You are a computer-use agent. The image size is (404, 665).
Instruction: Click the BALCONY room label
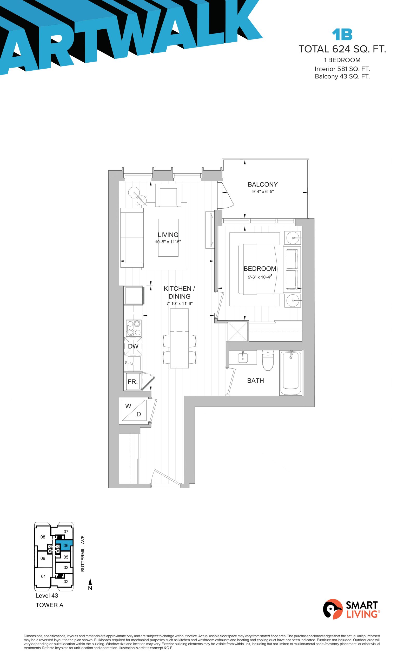tap(262, 184)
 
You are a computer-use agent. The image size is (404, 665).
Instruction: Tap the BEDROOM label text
tap(260, 269)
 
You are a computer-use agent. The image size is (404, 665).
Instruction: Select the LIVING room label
tap(168, 235)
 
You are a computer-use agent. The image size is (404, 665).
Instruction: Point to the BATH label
tap(255, 381)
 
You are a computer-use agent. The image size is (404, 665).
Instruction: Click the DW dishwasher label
tap(133, 346)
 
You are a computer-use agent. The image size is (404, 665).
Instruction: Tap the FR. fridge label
tap(133, 382)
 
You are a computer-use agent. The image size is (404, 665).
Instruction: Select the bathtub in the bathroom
tap(291, 373)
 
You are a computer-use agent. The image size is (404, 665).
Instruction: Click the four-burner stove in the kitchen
tap(134, 328)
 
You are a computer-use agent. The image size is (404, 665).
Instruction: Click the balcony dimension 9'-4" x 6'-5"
tap(263, 192)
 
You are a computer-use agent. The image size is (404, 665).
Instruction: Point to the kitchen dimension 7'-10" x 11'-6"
tap(180, 303)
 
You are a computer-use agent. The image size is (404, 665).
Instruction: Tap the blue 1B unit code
tap(342, 34)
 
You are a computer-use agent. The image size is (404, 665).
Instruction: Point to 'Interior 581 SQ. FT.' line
tap(342, 69)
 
